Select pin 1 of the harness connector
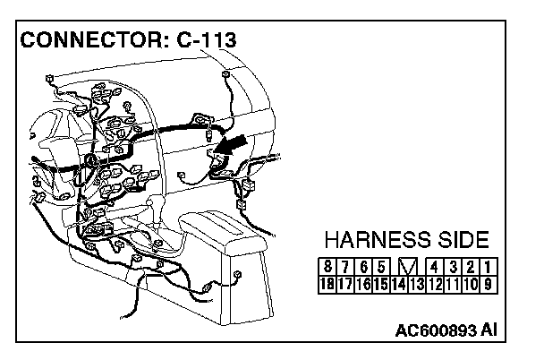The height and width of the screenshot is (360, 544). tap(487, 267)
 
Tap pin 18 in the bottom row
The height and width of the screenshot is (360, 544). tap(328, 284)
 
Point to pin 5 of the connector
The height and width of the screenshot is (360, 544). tap(381, 267)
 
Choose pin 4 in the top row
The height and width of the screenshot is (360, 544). tap(434, 267)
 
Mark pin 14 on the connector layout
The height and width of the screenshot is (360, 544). tap(400, 284)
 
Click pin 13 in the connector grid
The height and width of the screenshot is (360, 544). tap(418, 284)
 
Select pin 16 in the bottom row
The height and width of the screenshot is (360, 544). tap(364, 284)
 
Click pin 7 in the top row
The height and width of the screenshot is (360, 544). tap(345, 267)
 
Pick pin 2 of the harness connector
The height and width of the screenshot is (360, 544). tap(469, 267)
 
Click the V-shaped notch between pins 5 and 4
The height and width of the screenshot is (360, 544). tap(407, 267)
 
